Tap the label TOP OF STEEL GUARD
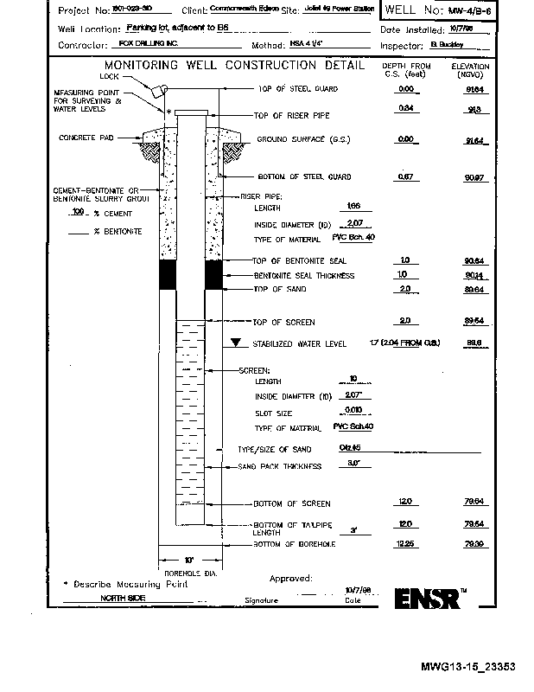298,89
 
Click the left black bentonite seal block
167,274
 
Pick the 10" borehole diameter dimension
189,559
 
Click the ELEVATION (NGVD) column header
470,70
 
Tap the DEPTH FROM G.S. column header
407,70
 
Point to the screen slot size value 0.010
353,412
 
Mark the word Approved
290,578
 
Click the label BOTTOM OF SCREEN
291,503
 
